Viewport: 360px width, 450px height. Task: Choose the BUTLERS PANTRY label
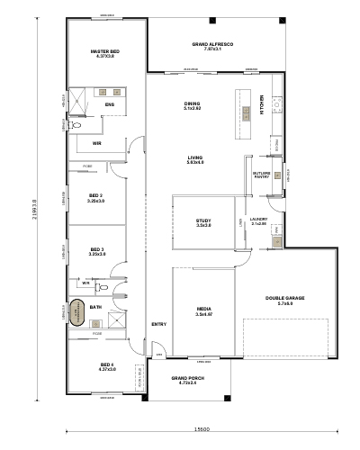[262, 175]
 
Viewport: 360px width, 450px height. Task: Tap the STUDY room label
[203, 223]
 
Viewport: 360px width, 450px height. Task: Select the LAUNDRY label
[259, 220]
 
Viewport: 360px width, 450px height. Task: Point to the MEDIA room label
[203, 311]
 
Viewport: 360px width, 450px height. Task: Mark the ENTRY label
[158, 324]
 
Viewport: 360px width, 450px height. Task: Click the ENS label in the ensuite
[110, 105]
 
